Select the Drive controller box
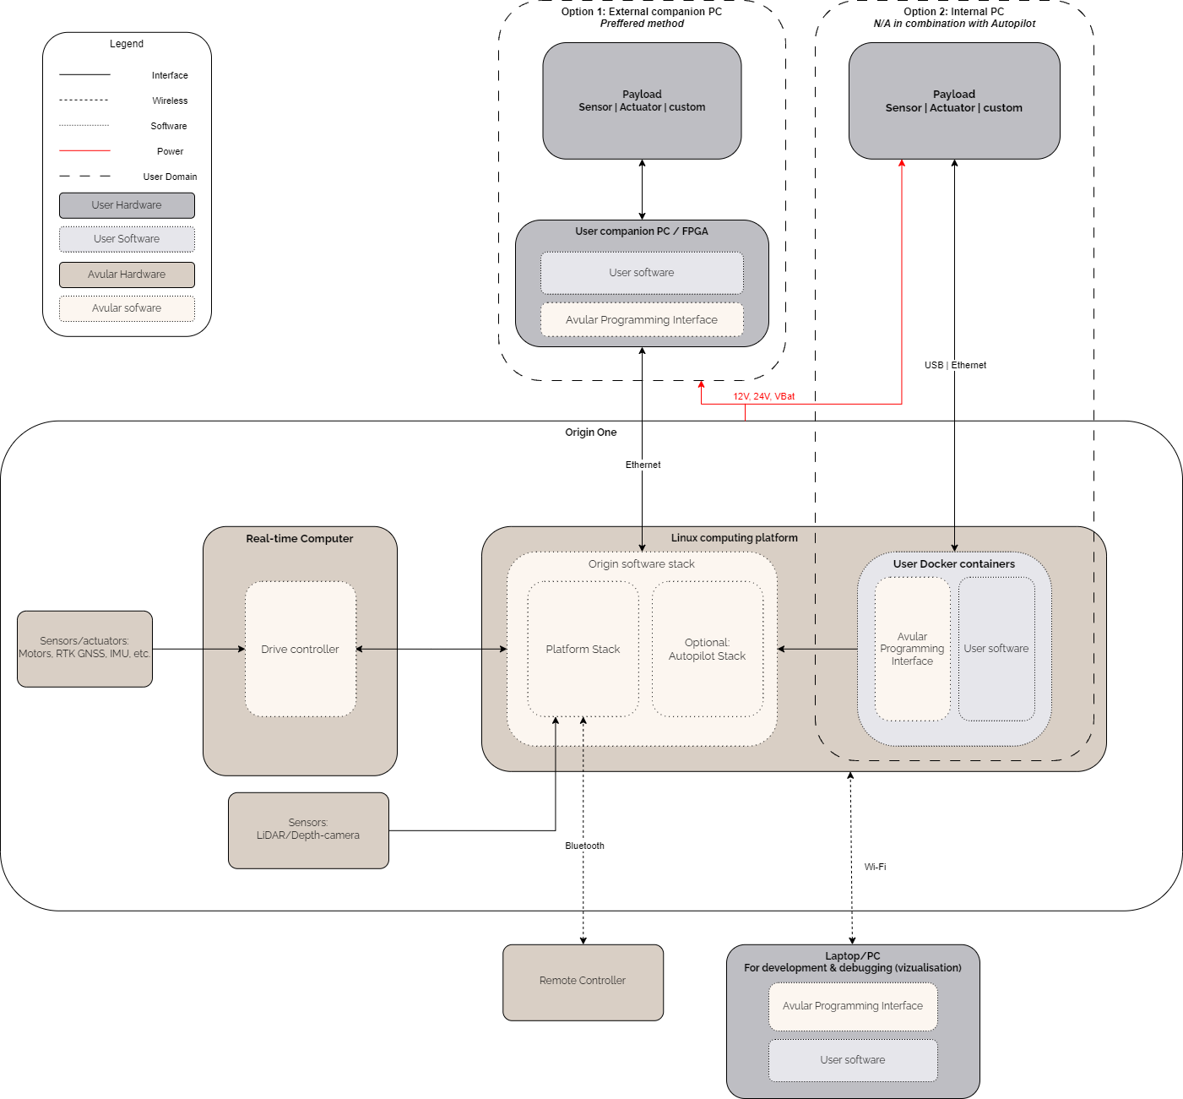(x=300, y=649)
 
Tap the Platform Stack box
(x=583, y=649)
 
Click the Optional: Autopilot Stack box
(x=707, y=649)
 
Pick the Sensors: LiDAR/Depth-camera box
(x=308, y=830)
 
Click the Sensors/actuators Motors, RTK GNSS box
(x=84, y=648)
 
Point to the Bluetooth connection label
(x=584, y=846)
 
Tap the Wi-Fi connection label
(x=875, y=867)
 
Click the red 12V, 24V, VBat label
(x=763, y=396)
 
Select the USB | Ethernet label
(x=955, y=365)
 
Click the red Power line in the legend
(x=84, y=150)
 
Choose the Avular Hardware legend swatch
(x=127, y=275)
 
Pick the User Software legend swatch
(x=127, y=239)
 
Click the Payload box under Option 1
(x=642, y=101)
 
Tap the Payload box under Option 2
(x=954, y=101)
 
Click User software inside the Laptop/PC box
(x=853, y=1060)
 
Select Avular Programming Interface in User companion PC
(x=642, y=320)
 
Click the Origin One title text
(x=591, y=433)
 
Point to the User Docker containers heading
(x=954, y=564)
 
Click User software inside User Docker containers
(x=996, y=649)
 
